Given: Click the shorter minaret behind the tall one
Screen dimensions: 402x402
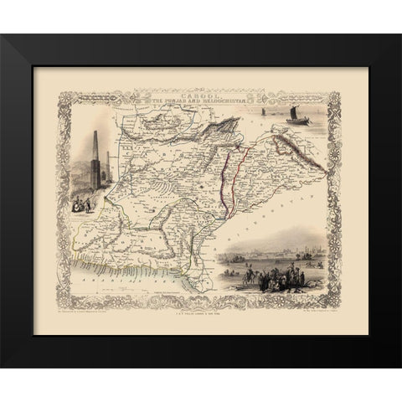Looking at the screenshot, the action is coord(108,167).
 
